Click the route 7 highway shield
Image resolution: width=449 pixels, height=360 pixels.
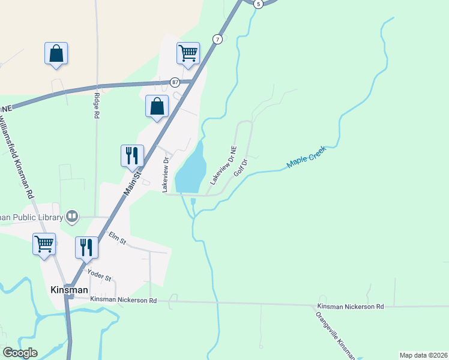point(217,39)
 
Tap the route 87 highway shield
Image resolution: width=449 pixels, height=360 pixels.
point(174,82)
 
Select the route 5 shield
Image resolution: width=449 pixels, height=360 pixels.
point(258,4)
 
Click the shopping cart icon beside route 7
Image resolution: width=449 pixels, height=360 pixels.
point(188,53)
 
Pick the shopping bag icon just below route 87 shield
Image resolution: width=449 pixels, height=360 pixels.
point(157,106)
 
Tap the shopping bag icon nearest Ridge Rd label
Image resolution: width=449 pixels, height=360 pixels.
point(56,53)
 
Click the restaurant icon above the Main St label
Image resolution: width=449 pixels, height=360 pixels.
point(132,155)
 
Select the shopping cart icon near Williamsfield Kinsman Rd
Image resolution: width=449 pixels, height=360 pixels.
point(44,244)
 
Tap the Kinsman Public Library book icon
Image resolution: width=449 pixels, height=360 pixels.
point(72,215)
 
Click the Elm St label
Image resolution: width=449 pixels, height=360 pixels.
point(117,238)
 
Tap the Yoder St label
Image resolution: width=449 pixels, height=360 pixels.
point(100,275)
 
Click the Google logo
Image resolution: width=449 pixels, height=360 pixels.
point(20,353)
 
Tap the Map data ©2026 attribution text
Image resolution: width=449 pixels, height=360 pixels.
point(423,355)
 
